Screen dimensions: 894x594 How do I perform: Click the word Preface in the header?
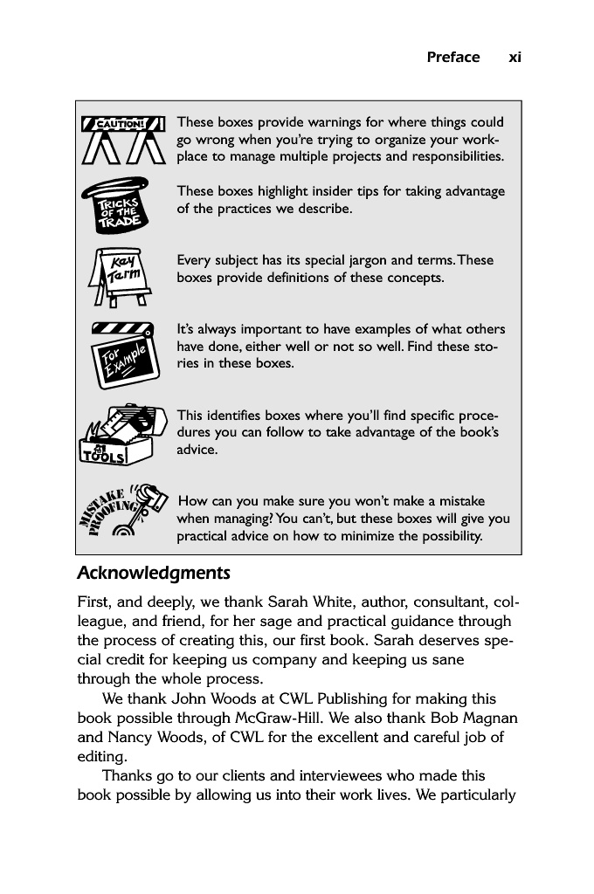452,58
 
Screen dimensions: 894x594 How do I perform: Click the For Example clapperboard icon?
122,354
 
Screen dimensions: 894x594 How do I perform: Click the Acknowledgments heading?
154,574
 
